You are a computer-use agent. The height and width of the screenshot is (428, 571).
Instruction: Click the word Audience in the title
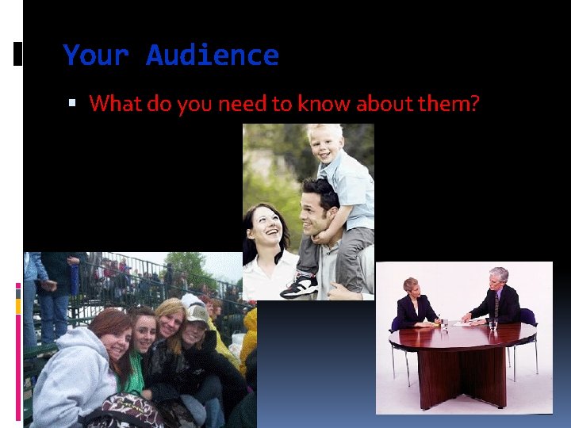213,55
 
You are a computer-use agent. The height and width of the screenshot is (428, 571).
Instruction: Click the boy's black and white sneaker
301,285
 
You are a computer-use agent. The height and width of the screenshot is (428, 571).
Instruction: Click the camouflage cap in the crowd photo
197,314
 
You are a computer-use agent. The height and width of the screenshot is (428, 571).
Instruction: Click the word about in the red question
385,104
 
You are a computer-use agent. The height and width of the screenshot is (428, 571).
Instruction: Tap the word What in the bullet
114,104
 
